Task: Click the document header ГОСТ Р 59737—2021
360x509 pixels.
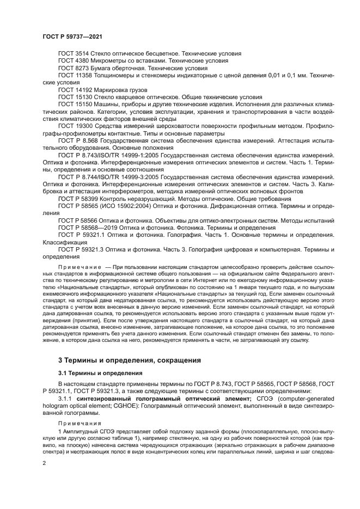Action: click(x=72, y=37)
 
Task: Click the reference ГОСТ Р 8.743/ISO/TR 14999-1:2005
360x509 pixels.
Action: click(x=107, y=155)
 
